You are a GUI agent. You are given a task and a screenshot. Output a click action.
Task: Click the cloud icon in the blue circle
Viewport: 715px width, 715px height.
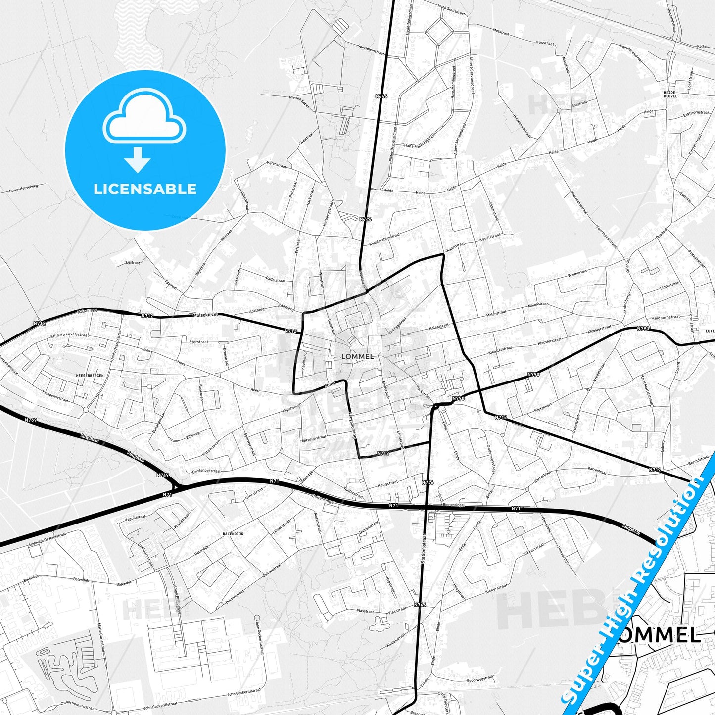(144, 119)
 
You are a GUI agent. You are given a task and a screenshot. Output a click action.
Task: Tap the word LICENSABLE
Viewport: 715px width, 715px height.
(145, 189)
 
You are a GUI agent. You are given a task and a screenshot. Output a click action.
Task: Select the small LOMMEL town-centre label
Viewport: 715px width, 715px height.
(357, 356)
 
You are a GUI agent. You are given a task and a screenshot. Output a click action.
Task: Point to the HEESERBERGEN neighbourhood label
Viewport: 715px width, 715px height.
(90, 376)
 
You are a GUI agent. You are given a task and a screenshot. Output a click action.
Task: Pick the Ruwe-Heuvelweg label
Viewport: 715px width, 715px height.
(23, 188)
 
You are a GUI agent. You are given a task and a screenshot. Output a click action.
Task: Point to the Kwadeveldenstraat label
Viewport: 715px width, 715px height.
(384, 239)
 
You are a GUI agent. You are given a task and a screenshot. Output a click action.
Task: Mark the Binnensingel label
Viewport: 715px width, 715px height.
(442, 505)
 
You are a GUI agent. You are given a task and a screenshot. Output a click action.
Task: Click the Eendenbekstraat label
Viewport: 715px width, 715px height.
(203, 471)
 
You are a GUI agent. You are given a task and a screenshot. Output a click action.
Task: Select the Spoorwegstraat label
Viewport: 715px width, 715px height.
(480, 679)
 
